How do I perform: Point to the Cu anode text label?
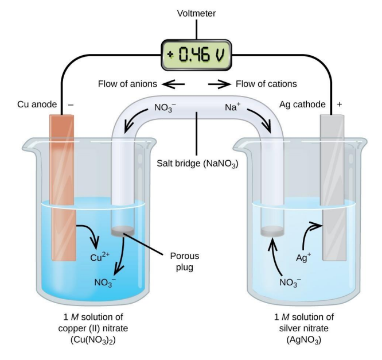tap(37, 105)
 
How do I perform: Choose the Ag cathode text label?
tap(302, 105)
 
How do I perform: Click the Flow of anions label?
tap(128, 84)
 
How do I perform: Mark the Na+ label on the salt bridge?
tap(235, 107)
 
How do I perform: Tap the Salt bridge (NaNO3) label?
tap(198, 163)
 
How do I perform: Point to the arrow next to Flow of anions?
tap(173, 84)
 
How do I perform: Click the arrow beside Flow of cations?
tap(219, 84)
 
